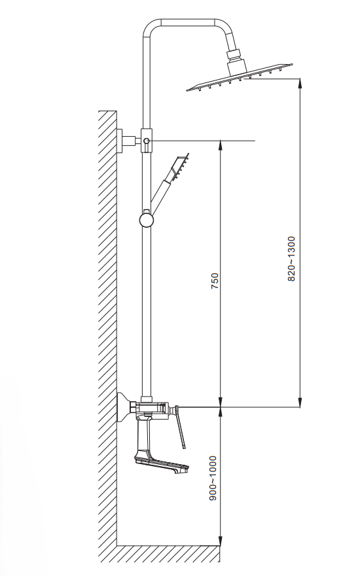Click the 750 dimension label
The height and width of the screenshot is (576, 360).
(x=215, y=281)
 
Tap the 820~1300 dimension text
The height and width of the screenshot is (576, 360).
(x=291, y=259)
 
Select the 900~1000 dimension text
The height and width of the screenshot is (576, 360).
(x=213, y=478)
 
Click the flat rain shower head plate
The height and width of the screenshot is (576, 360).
(x=240, y=77)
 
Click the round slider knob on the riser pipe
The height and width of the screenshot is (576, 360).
(x=146, y=220)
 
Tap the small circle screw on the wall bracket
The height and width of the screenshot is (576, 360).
(x=147, y=141)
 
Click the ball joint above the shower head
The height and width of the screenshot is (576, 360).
(x=233, y=55)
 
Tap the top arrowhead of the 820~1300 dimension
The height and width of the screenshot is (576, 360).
(x=300, y=83)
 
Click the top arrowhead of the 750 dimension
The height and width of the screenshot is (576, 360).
(x=221, y=145)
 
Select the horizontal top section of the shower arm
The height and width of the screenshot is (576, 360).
(x=188, y=22)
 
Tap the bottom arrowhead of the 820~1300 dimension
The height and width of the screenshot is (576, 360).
(x=300, y=403)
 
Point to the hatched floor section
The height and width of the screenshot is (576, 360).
(x=168, y=554)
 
